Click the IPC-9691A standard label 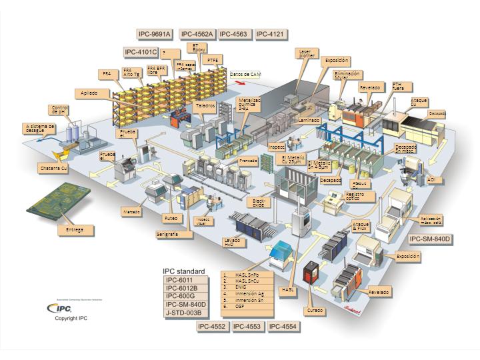click(155, 34)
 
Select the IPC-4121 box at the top click(271, 34)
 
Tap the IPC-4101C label click(141, 52)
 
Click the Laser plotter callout click(306, 53)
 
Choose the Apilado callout click(90, 93)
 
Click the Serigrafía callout click(167, 235)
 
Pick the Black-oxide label click(259, 201)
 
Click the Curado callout click(315, 311)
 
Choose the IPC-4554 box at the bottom click(283, 327)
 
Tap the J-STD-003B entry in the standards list click(183, 313)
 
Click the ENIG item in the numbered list click(241, 287)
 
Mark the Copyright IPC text click(71, 319)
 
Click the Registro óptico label click(357, 196)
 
